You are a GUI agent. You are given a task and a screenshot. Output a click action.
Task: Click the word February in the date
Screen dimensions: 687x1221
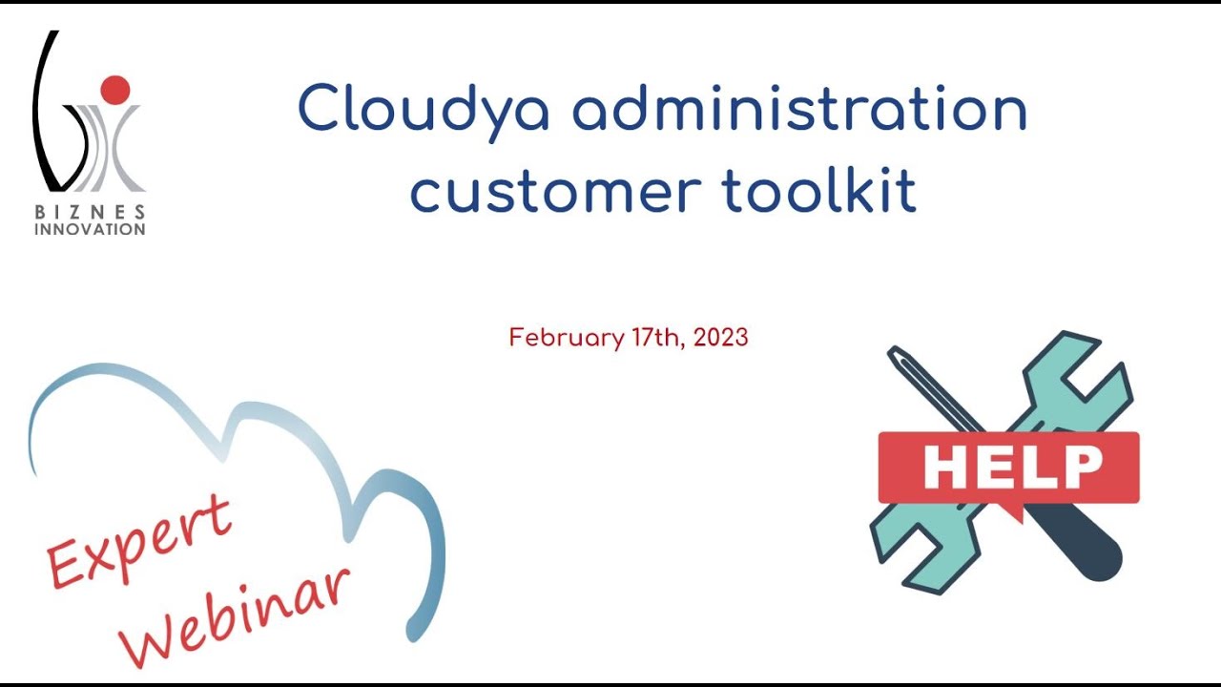pyautogui.click(x=565, y=338)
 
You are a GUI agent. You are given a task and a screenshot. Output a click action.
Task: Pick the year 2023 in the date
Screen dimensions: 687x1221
pyautogui.click(x=721, y=338)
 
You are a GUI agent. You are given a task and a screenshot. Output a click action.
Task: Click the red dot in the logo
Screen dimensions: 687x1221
pyautogui.click(x=114, y=89)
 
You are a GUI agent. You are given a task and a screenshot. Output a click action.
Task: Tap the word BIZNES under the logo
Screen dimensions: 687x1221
pyautogui.click(x=91, y=212)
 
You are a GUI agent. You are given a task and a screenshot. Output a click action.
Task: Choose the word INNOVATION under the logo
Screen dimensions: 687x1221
pyautogui.click(x=91, y=229)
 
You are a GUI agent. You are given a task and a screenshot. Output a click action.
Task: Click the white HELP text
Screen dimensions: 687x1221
pyautogui.click(x=1012, y=467)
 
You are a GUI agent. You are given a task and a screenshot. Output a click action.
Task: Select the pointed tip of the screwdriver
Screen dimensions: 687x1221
pyautogui.click(x=895, y=354)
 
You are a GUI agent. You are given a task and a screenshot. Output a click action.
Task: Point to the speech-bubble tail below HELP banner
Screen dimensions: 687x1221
pyautogui.click(x=1013, y=511)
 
